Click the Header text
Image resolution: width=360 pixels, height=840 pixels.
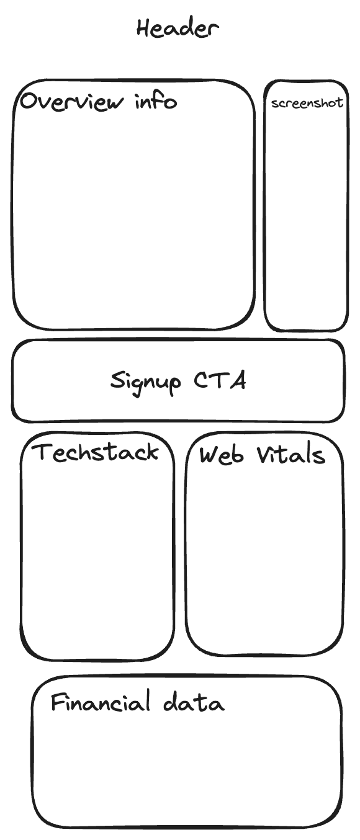click(178, 29)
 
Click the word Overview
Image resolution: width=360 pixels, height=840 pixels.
click(71, 101)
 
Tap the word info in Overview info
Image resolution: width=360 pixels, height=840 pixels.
click(156, 101)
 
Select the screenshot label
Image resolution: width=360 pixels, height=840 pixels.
click(307, 103)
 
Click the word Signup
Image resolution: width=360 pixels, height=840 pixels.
click(145, 382)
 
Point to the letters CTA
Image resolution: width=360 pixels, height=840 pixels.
click(220, 380)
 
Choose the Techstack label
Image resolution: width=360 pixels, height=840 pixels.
click(96, 452)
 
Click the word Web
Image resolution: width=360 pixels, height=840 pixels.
click(222, 455)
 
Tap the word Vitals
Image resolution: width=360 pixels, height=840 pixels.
click(291, 455)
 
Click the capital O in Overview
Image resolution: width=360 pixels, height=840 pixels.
click(30, 102)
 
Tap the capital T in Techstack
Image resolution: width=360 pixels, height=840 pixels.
click(43, 452)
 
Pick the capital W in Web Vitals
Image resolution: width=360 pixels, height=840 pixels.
click(210, 456)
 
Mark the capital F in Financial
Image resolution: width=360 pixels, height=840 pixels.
click(58, 702)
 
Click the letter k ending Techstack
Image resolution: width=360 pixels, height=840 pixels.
click(152, 452)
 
